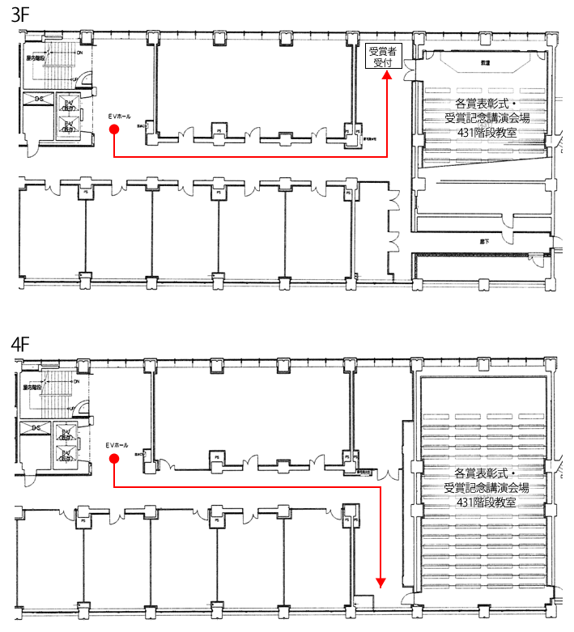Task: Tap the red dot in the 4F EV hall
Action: (x=114, y=459)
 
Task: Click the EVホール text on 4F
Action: (x=117, y=446)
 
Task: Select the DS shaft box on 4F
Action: (x=36, y=427)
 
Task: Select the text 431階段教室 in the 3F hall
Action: (x=487, y=133)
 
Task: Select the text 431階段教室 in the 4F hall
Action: (x=487, y=502)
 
